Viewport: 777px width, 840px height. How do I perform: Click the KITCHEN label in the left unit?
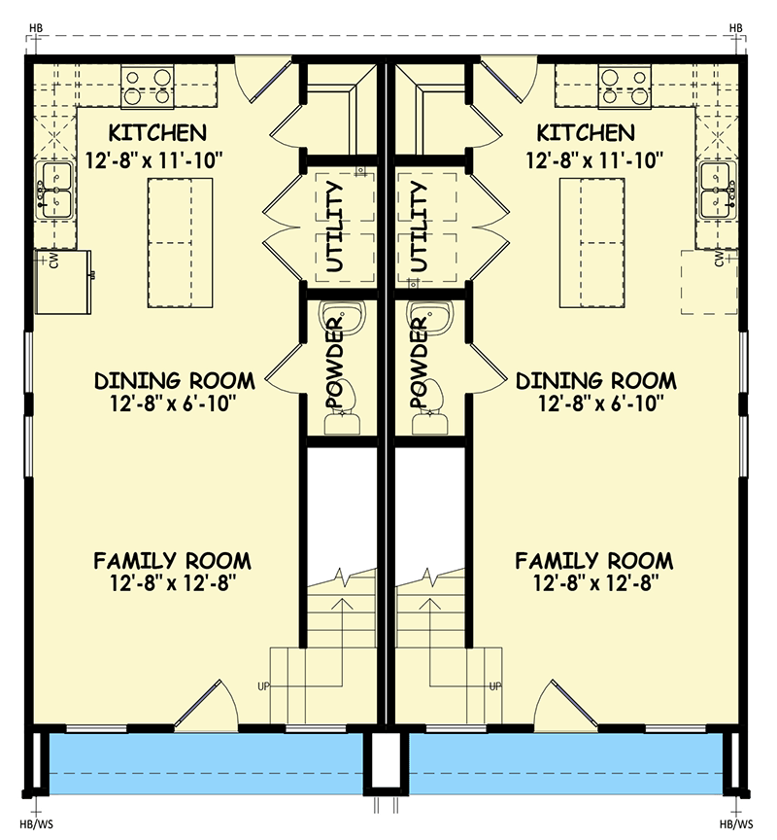(157, 133)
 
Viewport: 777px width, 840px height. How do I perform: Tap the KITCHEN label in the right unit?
(590, 133)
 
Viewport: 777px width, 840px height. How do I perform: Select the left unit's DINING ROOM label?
(175, 380)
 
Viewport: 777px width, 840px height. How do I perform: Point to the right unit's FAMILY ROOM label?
(593, 561)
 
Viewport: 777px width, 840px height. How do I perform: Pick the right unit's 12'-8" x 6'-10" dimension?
(595, 401)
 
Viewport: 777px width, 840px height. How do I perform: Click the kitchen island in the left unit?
(181, 242)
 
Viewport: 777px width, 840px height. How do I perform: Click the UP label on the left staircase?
(263, 685)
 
